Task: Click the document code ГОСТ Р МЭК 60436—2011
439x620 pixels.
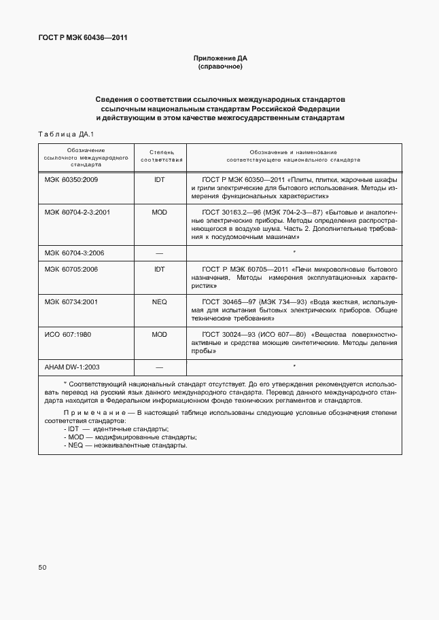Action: tap(83, 37)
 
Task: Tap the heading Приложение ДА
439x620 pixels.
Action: tap(219, 59)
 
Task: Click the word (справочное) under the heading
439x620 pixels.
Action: tap(219, 67)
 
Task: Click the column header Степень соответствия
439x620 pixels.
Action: tap(162, 156)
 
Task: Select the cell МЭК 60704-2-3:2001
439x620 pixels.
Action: tap(77, 213)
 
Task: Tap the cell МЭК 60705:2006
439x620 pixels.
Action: tap(71, 270)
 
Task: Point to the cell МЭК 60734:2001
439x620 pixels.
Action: tap(71, 302)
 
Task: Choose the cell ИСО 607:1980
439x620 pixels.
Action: tap(68, 335)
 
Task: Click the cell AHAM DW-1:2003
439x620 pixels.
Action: tap(72, 367)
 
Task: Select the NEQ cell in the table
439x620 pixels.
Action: tap(159, 302)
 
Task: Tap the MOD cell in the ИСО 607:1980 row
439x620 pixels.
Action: tap(159, 335)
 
